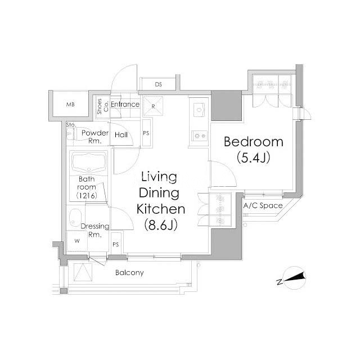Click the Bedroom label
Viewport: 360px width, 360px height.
254,142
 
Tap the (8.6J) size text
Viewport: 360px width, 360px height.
161,225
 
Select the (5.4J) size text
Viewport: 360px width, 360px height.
253,157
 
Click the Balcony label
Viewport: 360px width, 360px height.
129,272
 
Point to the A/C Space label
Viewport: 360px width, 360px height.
263,205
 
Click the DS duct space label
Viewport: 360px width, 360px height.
158,84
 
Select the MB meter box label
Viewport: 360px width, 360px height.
70,105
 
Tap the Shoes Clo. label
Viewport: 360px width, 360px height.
102,106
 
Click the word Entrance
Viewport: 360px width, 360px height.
125,105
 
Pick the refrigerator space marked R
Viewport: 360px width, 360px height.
153,106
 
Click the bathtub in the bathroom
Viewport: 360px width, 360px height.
89,163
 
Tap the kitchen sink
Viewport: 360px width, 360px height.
199,110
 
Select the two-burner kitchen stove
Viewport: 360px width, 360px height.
200,136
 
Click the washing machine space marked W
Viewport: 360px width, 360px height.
77,241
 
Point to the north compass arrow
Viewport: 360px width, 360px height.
295,277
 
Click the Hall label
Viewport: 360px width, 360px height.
121,135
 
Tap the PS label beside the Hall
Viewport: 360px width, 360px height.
146,133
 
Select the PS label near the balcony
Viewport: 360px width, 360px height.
116,245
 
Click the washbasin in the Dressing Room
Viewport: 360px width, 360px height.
75,218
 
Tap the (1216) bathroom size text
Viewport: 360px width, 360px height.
87,196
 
